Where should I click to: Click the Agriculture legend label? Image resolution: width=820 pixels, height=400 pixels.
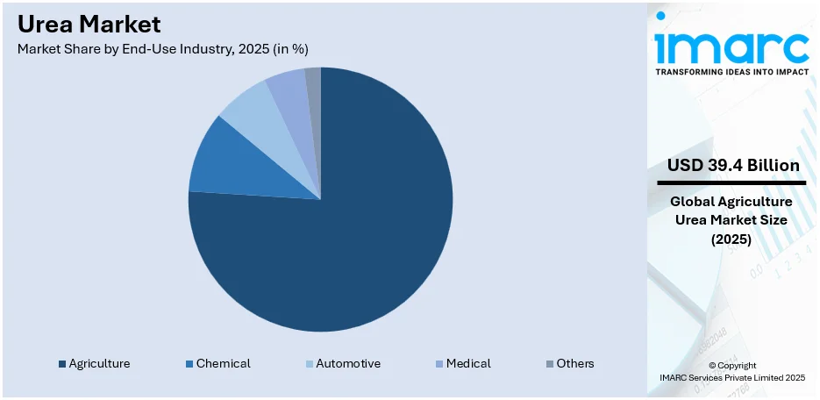99,363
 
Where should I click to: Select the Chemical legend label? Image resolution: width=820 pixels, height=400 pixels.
223,363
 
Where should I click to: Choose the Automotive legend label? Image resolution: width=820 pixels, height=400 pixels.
348,363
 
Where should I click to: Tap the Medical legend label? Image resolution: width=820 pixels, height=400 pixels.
468,363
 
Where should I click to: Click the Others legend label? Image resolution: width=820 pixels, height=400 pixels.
575,363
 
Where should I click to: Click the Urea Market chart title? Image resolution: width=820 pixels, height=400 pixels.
89,24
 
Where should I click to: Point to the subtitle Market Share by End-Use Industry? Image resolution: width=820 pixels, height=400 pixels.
162,49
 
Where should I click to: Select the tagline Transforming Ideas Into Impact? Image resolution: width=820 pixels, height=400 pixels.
731,72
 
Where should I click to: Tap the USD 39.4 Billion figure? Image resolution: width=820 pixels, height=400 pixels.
732,165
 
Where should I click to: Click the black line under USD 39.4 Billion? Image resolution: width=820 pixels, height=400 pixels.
731,182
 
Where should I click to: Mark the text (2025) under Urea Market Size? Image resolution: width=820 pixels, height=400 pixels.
731,238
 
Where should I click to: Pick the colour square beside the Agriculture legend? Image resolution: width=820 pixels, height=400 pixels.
61,364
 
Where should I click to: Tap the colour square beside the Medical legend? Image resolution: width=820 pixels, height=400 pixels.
439,364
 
